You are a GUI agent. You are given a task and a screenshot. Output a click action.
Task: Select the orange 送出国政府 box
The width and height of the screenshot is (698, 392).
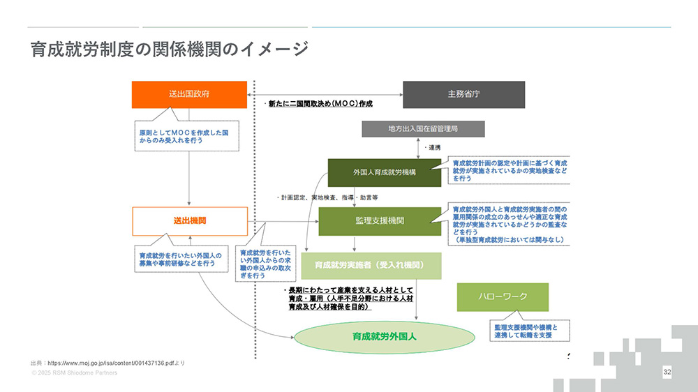189,94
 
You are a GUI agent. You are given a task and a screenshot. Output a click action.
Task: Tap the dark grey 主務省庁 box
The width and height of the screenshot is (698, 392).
463,94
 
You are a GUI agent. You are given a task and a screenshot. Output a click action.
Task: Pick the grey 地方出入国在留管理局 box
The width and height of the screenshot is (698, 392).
422,129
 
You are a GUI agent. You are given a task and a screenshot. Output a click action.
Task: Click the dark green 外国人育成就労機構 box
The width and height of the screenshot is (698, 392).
384,172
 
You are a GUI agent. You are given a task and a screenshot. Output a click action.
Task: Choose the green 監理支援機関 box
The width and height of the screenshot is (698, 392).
380,220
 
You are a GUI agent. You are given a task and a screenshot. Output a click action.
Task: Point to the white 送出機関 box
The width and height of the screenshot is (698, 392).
189,220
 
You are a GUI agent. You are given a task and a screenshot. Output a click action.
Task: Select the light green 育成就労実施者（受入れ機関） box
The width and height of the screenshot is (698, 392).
371,266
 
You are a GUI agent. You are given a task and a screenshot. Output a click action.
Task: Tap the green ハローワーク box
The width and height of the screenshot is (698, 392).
503,297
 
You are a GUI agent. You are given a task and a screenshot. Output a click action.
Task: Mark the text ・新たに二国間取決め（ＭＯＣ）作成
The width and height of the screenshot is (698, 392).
320,104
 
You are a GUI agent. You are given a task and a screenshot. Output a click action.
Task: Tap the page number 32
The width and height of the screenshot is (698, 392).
667,372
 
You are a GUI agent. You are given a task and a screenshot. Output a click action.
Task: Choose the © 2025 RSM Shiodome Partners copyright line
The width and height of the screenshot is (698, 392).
74,373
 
